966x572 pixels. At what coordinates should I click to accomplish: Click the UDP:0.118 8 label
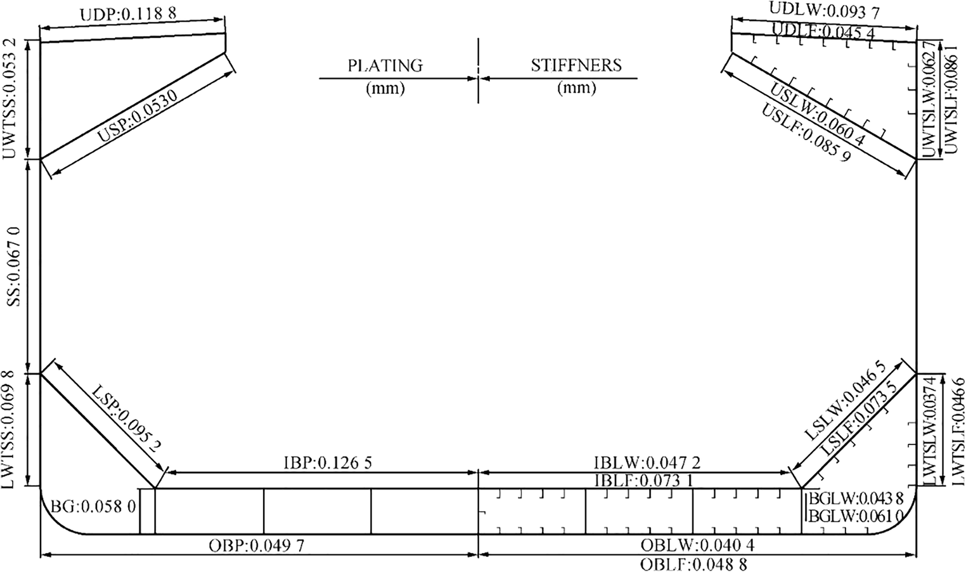(128, 14)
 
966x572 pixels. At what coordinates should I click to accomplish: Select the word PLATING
(385, 65)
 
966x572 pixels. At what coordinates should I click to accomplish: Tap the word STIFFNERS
(576, 65)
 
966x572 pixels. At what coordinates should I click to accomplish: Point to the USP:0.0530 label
(137, 117)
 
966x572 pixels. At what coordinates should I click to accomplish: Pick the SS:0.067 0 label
(14, 267)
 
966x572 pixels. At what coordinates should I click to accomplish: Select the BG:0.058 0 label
(93, 507)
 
